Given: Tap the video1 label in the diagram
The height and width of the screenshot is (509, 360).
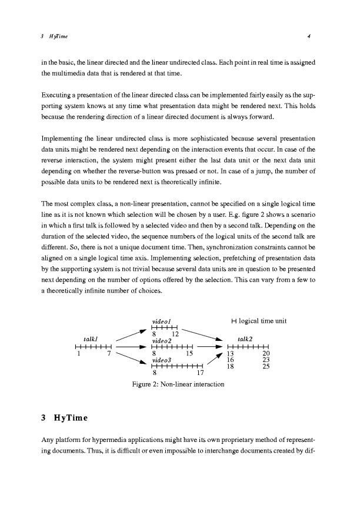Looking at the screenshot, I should click(x=161, y=322).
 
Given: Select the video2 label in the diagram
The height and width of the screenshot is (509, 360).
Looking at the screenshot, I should click(x=161, y=340).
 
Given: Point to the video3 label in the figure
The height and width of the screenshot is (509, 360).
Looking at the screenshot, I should click(x=161, y=359).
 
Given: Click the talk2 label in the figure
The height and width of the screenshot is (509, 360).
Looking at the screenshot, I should click(x=245, y=339).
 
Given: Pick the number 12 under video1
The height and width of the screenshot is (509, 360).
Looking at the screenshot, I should click(x=175, y=334).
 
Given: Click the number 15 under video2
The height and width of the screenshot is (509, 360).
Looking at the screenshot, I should click(x=189, y=353).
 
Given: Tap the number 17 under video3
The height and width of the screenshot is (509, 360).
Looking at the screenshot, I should click(x=200, y=372).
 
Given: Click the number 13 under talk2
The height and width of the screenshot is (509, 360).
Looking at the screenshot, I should click(x=231, y=353).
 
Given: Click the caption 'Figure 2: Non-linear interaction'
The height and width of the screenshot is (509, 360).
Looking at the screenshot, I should click(x=178, y=384).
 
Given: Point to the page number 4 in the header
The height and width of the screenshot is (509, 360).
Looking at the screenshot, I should click(x=309, y=38).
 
